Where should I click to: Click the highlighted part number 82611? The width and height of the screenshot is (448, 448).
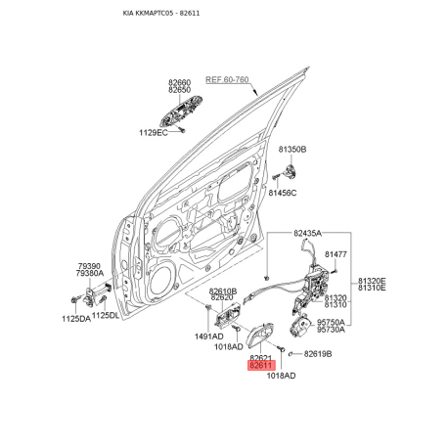(261, 366)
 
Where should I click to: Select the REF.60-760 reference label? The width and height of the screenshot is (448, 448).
(227, 79)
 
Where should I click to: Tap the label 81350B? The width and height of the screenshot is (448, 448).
(292, 150)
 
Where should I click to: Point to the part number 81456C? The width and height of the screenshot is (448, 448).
(283, 193)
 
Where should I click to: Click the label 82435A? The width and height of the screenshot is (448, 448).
(307, 233)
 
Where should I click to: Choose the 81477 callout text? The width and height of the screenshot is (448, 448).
(336, 254)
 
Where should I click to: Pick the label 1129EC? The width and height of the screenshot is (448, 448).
(154, 133)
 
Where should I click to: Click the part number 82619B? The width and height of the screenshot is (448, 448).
(318, 354)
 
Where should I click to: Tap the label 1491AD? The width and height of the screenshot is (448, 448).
(209, 336)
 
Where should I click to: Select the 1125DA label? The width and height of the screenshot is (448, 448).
(76, 319)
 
